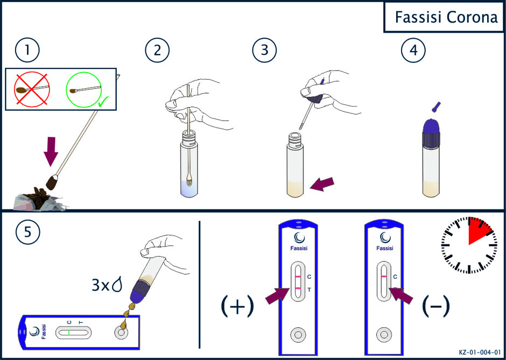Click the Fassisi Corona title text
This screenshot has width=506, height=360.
[447, 18]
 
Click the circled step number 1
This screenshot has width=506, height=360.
[27, 51]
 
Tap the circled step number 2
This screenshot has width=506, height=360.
[157, 51]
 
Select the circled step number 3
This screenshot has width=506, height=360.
[265, 51]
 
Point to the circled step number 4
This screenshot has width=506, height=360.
[413, 51]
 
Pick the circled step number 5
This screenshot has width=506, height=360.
[27, 233]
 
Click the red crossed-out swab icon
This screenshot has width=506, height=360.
[32, 88]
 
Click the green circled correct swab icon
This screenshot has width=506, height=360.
[84, 88]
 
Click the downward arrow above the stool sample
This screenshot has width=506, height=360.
[51, 151]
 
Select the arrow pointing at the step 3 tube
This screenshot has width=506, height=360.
[322, 185]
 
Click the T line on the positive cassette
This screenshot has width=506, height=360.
[298, 288]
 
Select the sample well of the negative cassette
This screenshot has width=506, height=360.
[384, 335]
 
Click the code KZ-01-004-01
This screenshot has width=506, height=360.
[480, 352]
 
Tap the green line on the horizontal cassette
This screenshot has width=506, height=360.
[69, 332]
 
